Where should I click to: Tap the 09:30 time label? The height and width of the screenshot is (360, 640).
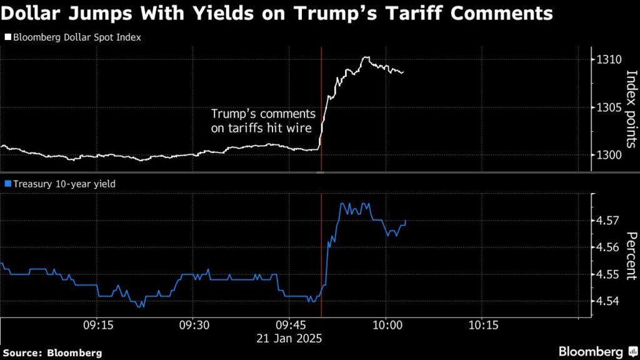pos(193,326)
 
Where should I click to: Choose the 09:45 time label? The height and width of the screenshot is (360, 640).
pos(289,326)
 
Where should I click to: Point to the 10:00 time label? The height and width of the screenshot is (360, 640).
pos(386,326)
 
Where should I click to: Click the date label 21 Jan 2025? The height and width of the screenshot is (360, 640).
pos(290,337)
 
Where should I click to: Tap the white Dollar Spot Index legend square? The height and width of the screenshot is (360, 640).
pos(7,37)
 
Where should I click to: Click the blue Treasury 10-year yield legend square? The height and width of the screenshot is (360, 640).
pos(7,184)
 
